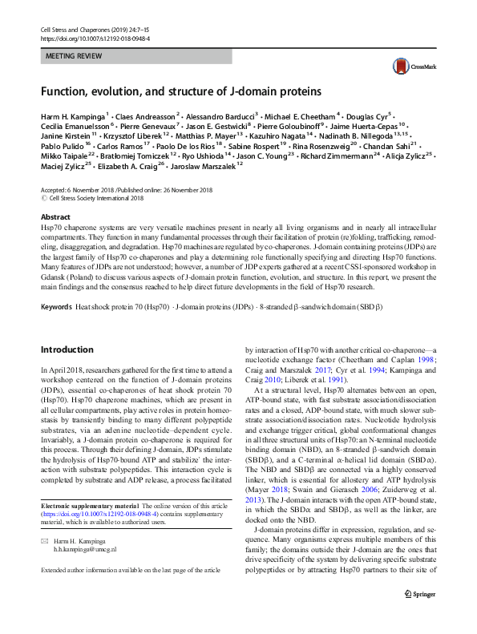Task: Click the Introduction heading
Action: click(67, 349)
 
